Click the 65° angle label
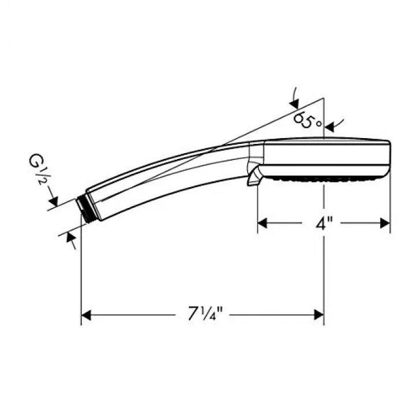pyautogui.click(x=308, y=120)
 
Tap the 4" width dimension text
pyautogui.click(x=324, y=224)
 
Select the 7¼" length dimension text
pyautogui.click(x=205, y=314)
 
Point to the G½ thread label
pyautogui.click(x=38, y=169)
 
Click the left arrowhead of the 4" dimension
pyautogui.click(x=262, y=224)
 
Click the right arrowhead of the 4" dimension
pyautogui.click(x=385, y=224)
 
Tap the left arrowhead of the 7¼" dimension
pyautogui.click(x=86, y=315)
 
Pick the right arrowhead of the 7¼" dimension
pyautogui.click(x=319, y=315)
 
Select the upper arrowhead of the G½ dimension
pyautogui.click(x=53, y=202)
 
